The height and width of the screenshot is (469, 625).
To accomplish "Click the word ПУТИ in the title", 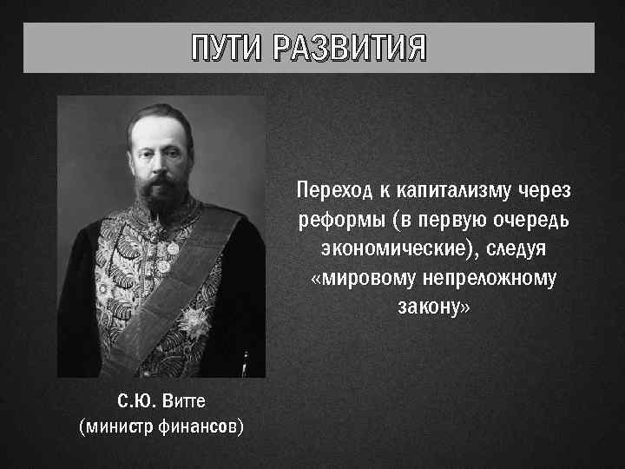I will tap(228, 49).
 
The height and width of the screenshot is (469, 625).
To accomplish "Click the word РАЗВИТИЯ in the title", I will tap(349, 49).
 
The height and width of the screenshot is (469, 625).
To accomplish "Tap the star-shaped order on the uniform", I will tap(194, 323).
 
